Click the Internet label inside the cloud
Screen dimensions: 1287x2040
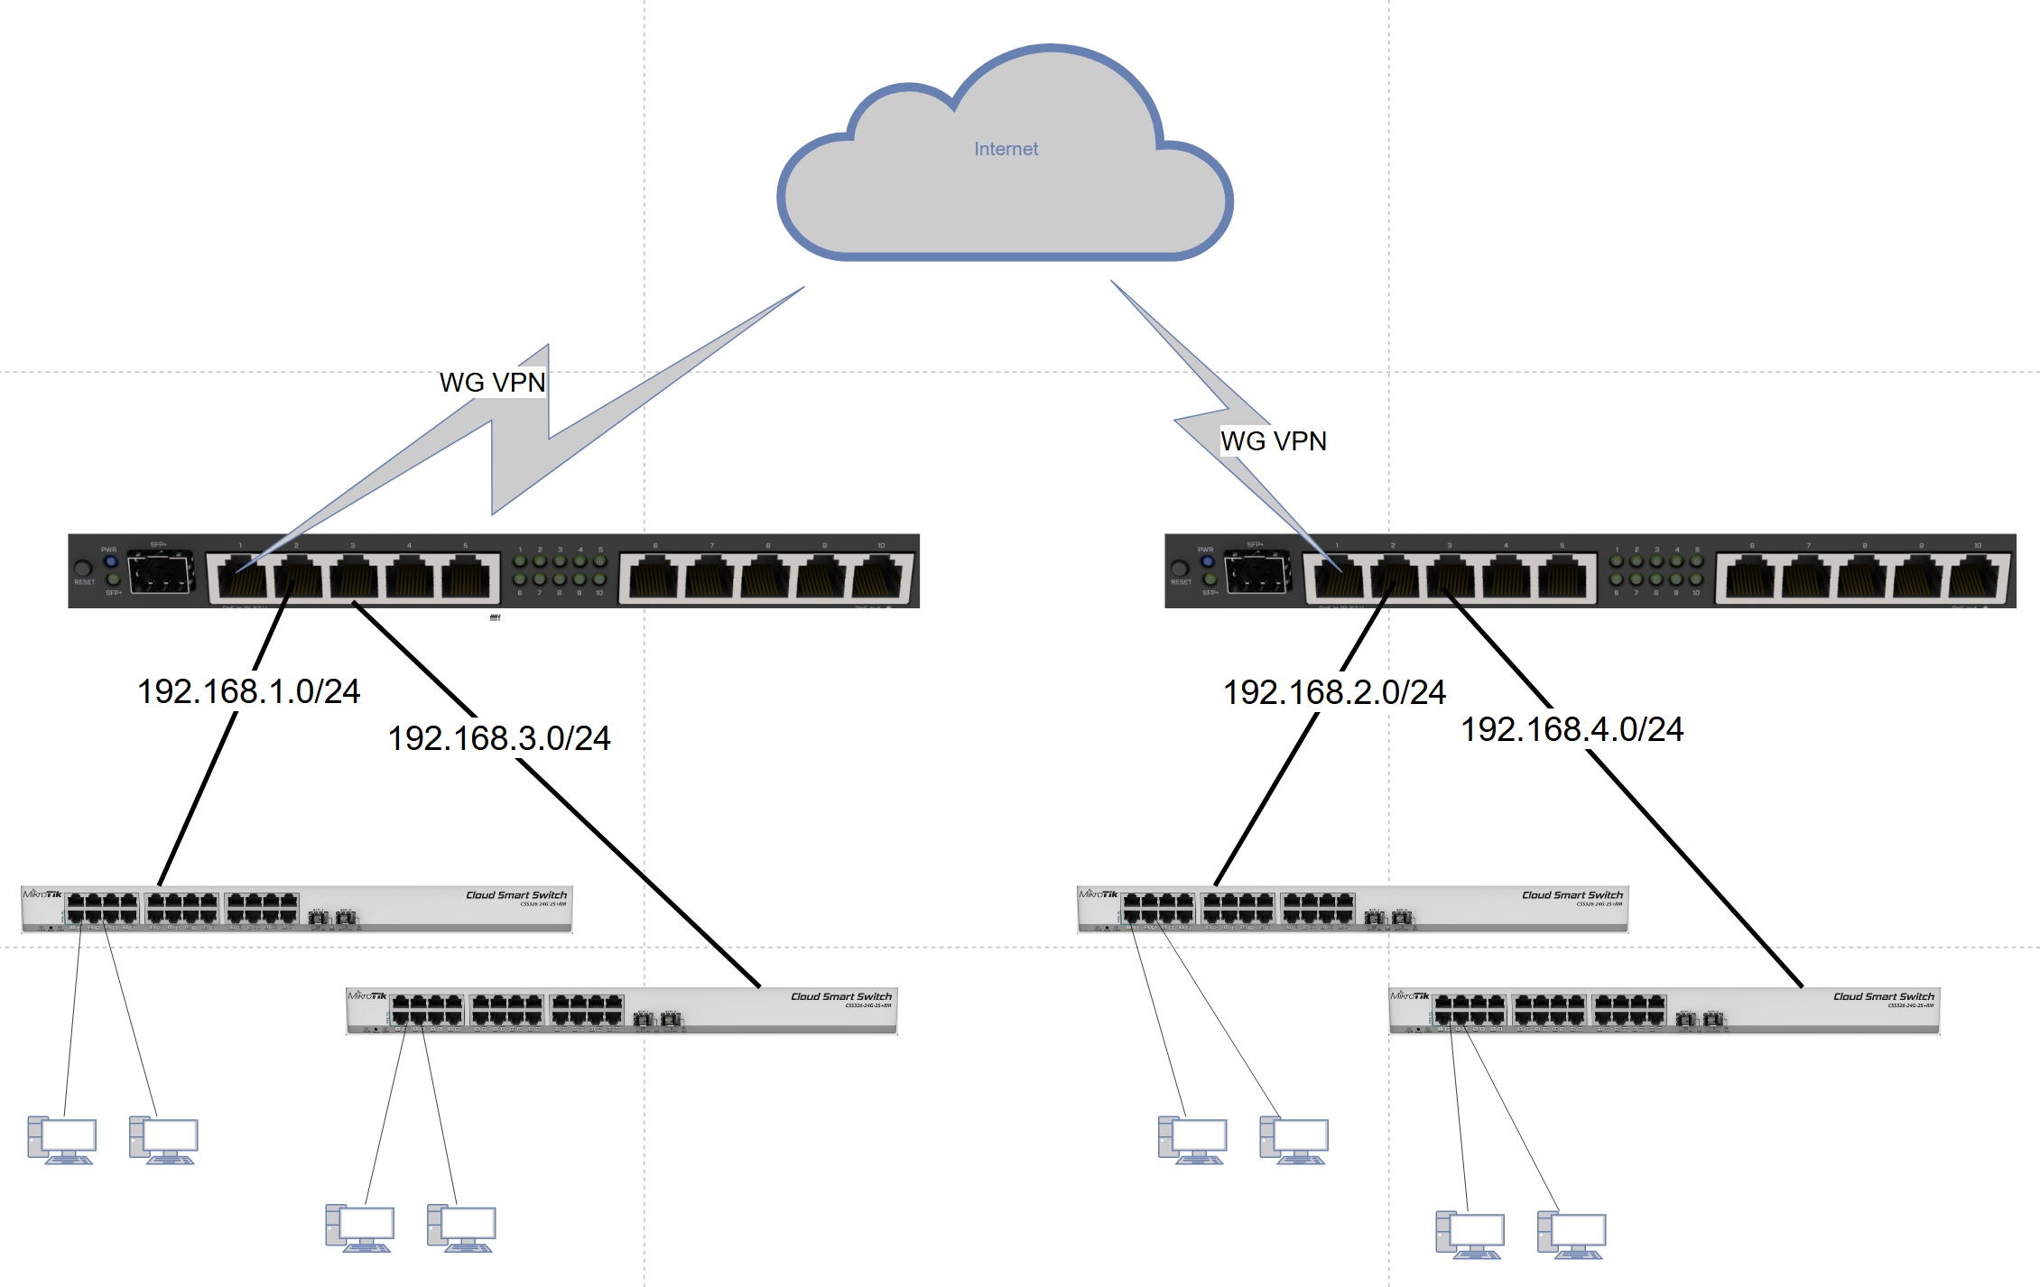(1006, 149)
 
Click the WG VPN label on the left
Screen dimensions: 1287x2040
(492, 383)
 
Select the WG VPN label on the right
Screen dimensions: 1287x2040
(1273, 441)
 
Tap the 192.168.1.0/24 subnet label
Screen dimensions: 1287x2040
(248, 691)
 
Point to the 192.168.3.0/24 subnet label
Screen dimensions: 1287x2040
(498, 738)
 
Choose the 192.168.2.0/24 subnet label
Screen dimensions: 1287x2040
(1333, 692)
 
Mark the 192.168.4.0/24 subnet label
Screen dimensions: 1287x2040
(1572, 729)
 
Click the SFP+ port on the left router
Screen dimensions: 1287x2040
(161, 573)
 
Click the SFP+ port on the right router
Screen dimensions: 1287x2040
(1256, 573)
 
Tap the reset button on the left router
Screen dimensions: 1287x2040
(83, 569)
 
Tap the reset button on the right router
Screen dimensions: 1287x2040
(1179, 569)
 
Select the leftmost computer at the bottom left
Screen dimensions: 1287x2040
(61, 1140)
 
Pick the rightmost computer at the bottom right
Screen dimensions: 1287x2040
(1572, 1235)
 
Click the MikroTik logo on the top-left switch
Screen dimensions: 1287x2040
(42, 894)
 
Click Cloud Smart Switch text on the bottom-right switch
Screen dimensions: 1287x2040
(1883, 996)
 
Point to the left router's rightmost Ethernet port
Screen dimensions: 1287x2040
(881, 578)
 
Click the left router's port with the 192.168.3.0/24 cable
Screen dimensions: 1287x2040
(353, 578)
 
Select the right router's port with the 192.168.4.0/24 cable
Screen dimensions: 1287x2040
(1450, 578)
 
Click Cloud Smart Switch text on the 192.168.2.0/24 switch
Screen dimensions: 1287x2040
(1572, 895)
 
